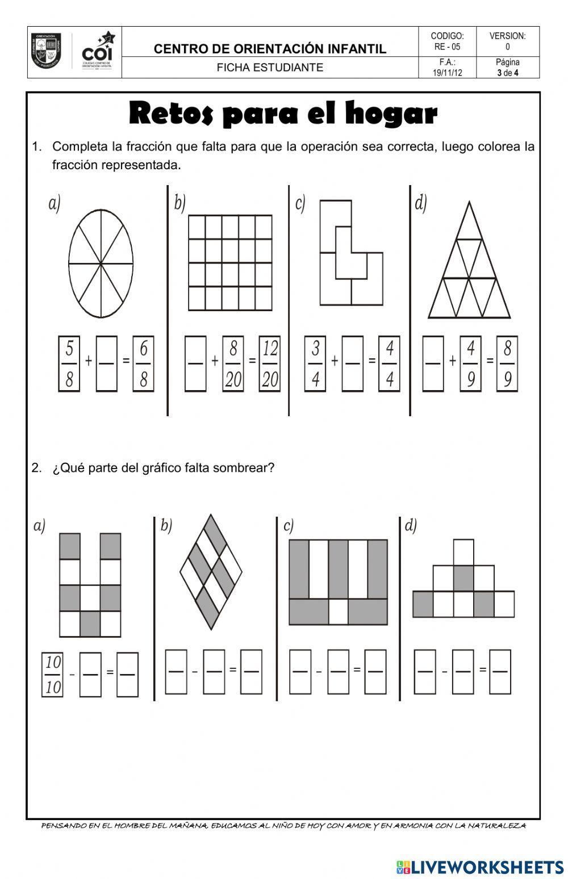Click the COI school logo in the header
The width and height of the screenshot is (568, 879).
(x=74, y=52)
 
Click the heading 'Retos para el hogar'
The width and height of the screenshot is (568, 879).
(x=283, y=114)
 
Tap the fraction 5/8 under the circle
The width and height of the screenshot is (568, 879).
(x=69, y=363)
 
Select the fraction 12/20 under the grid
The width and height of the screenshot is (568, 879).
(x=270, y=363)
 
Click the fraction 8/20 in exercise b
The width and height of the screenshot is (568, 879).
(x=233, y=363)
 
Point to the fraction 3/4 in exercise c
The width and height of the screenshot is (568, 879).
(x=315, y=363)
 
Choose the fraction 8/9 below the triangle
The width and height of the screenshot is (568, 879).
(x=507, y=363)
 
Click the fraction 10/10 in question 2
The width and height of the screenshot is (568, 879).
(x=53, y=675)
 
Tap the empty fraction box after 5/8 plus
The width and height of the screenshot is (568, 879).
(x=107, y=363)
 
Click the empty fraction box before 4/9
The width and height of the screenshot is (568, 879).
(x=433, y=363)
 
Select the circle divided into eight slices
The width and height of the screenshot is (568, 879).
(x=101, y=263)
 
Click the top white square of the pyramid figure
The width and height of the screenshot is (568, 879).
(x=463, y=552)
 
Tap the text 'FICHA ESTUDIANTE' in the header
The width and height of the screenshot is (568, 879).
(x=270, y=68)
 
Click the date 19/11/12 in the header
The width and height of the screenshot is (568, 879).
(x=448, y=73)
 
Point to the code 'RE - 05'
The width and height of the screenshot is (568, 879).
(x=448, y=47)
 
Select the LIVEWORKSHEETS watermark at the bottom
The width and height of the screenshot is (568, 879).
(x=480, y=867)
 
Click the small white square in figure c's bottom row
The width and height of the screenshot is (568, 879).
(x=339, y=612)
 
